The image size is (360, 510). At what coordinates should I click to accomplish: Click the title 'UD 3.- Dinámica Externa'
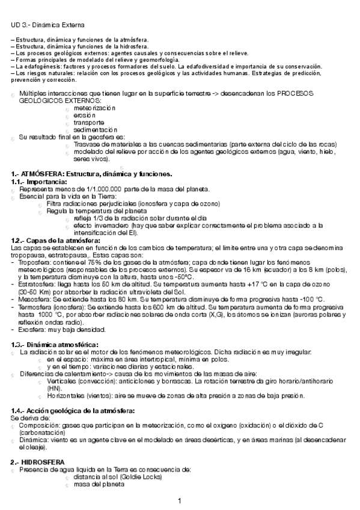click(47, 25)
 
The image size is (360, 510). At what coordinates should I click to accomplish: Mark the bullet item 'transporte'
click(88, 122)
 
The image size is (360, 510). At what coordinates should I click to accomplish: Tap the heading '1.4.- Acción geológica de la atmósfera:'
click(73, 410)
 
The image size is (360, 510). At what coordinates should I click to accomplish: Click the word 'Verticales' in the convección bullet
click(61, 381)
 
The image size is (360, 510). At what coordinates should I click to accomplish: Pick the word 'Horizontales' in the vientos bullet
click(64, 396)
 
